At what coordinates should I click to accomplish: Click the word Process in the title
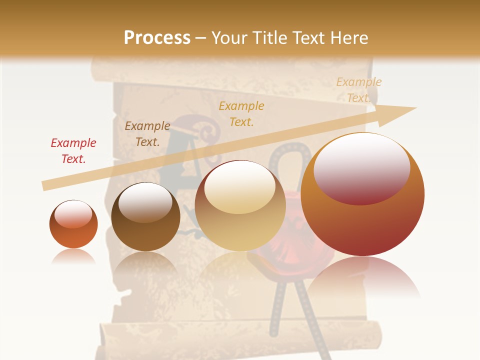tap(157, 37)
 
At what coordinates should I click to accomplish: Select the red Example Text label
tap(73, 151)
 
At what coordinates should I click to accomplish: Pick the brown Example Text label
tap(147, 134)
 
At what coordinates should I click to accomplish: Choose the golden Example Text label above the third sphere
tap(241, 113)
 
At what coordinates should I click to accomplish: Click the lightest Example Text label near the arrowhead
tap(358, 90)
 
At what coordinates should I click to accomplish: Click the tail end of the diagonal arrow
tap(44, 186)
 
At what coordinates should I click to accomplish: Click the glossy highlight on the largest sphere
tap(361, 167)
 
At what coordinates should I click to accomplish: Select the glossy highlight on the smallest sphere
tap(73, 214)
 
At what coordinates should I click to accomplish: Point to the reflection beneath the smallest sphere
tap(73, 257)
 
